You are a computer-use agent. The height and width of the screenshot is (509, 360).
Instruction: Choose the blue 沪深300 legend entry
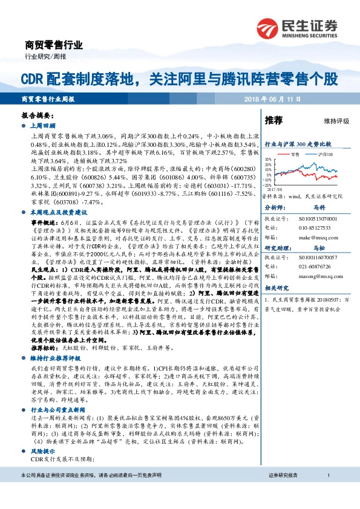tap(323, 155)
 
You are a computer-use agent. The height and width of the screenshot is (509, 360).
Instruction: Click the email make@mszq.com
tap(313, 238)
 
